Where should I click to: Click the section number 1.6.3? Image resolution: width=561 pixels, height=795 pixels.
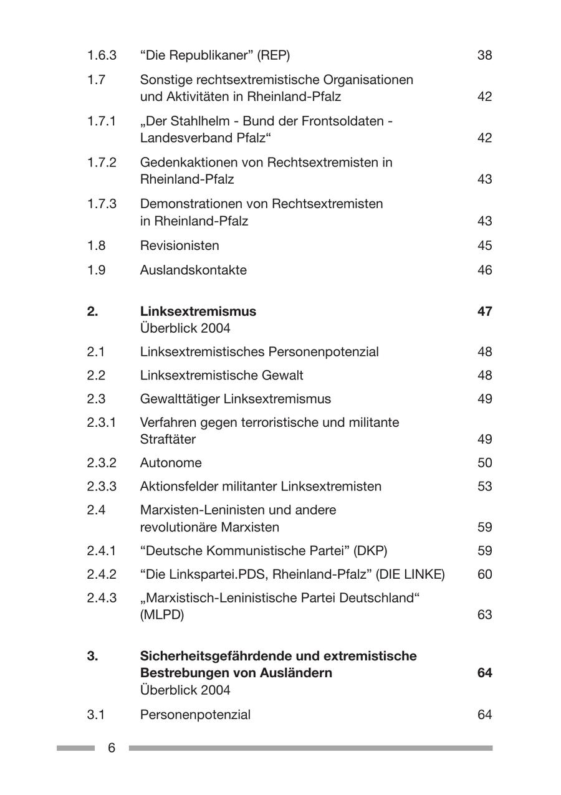pyautogui.click(x=102, y=55)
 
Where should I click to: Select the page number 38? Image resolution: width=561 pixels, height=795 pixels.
pyautogui.click(x=484, y=55)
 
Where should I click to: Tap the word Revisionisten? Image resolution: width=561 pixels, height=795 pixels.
pyautogui.click(x=180, y=245)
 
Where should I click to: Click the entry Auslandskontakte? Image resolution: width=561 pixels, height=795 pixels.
pyautogui.click(x=193, y=270)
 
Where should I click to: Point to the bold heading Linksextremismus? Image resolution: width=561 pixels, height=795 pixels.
pyautogui.click(x=198, y=311)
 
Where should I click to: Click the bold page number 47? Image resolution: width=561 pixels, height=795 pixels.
pyautogui.click(x=484, y=311)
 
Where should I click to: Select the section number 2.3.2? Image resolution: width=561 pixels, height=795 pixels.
pyautogui.click(x=102, y=463)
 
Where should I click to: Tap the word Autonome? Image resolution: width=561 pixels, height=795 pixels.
pyautogui.click(x=171, y=463)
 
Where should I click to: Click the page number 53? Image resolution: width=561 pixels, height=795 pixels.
pyautogui.click(x=484, y=486)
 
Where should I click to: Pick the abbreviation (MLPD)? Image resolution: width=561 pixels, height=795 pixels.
pyautogui.click(x=162, y=615)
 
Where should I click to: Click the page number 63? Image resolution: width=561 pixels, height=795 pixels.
pyautogui.click(x=484, y=615)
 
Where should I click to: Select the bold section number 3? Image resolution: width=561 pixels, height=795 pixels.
pyautogui.click(x=92, y=656)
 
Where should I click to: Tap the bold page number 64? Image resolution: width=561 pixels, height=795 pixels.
pyautogui.click(x=484, y=673)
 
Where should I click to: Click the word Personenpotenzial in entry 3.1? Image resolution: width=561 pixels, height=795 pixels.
pyautogui.click(x=195, y=715)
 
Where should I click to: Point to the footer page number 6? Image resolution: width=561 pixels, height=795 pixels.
pyautogui.click(x=112, y=748)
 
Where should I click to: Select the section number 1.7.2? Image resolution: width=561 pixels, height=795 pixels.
pyautogui.click(x=102, y=163)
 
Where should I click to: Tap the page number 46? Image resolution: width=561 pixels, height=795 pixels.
pyautogui.click(x=484, y=270)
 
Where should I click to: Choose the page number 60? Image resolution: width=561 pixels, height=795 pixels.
pyautogui.click(x=484, y=574)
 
